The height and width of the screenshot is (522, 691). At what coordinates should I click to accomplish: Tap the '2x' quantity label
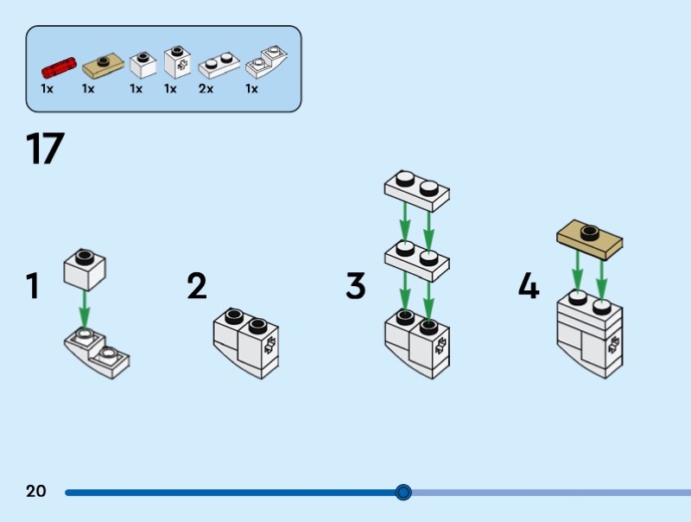click(206, 88)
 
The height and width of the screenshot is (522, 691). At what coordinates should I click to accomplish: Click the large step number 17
click(45, 149)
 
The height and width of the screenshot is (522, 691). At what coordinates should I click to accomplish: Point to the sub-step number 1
click(33, 287)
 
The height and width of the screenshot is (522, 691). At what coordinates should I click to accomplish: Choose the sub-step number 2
click(197, 287)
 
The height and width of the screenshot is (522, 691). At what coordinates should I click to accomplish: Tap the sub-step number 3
click(356, 287)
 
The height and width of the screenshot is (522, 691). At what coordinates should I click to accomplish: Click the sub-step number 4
click(529, 285)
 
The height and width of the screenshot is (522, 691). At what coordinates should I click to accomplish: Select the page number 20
click(36, 492)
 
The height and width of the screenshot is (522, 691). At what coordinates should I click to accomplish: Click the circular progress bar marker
click(403, 493)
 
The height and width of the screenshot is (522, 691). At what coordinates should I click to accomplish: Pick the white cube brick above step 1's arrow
click(85, 269)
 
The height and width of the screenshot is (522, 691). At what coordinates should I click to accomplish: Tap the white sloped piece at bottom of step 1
click(97, 352)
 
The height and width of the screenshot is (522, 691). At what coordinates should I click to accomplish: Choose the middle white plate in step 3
click(418, 257)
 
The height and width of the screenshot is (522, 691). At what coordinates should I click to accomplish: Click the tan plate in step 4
click(592, 238)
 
